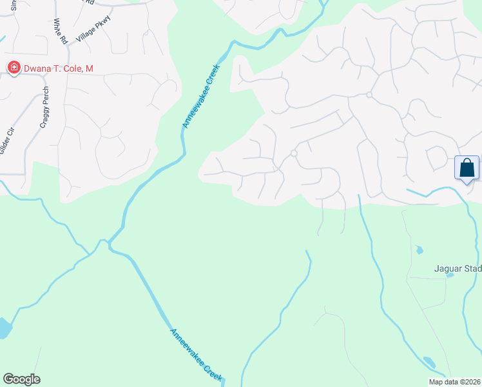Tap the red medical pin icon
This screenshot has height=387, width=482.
12,68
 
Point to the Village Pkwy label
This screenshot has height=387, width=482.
93,28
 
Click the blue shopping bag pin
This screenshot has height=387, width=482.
467,168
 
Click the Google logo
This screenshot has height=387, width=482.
21,379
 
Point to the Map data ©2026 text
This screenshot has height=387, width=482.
454,382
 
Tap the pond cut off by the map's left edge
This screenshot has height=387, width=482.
5,328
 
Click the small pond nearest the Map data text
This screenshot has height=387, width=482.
429,362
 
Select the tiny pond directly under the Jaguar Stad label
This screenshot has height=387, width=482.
450,275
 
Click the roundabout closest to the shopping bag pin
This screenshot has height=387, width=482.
369,95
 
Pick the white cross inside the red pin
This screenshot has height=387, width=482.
12,67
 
